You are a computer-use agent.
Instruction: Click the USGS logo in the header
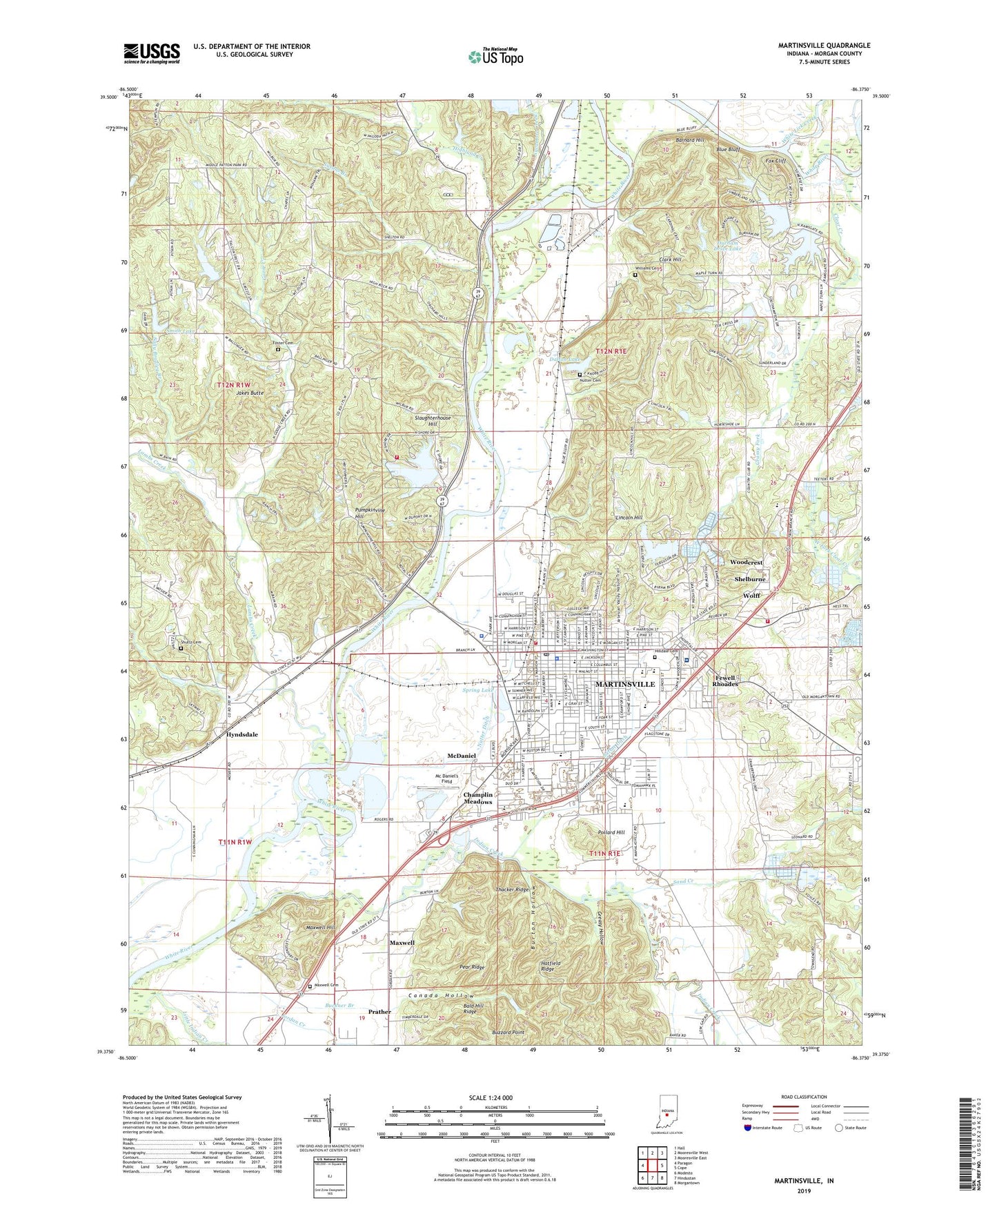click(x=152, y=52)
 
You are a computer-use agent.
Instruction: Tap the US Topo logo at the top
click(x=495, y=57)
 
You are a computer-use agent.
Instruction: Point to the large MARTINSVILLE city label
click(x=624, y=684)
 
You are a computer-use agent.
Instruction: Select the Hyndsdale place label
click(x=241, y=734)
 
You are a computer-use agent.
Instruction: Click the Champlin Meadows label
click(x=477, y=799)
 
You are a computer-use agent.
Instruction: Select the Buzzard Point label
click(x=508, y=1032)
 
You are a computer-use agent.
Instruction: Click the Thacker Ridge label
click(x=512, y=890)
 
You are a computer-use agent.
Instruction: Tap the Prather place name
click(x=379, y=1012)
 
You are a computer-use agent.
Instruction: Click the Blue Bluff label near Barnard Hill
click(x=728, y=149)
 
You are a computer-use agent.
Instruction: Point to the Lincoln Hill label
click(x=629, y=518)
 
